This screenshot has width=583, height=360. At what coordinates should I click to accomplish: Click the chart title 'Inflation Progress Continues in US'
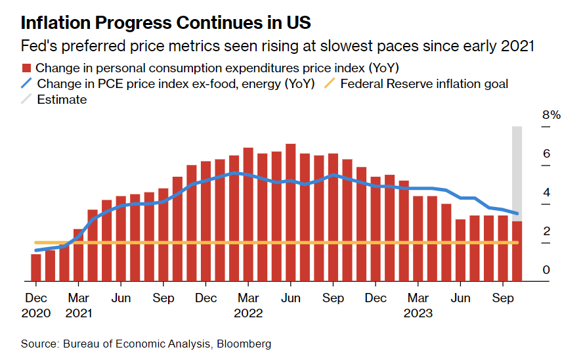point(165,23)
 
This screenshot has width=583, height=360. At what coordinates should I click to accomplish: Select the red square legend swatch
point(27,68)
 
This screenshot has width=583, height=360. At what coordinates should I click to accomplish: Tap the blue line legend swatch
point(27,84)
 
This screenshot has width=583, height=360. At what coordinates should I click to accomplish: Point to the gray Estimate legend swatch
point(27,100)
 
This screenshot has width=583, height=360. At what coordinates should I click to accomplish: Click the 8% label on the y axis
point(551,116)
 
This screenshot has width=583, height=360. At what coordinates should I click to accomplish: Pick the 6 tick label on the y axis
point(546,154)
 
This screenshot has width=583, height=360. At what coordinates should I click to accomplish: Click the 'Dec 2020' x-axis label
point(35,305)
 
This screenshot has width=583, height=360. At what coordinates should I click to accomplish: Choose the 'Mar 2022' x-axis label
point(248,305)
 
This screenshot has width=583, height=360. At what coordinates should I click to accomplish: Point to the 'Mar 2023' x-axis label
point(418,305)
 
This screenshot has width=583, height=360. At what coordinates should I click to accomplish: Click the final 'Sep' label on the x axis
point(502,298)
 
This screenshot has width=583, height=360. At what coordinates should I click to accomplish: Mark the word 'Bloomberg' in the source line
point(246,344)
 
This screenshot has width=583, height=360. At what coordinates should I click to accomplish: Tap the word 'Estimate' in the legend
point(62,100)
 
